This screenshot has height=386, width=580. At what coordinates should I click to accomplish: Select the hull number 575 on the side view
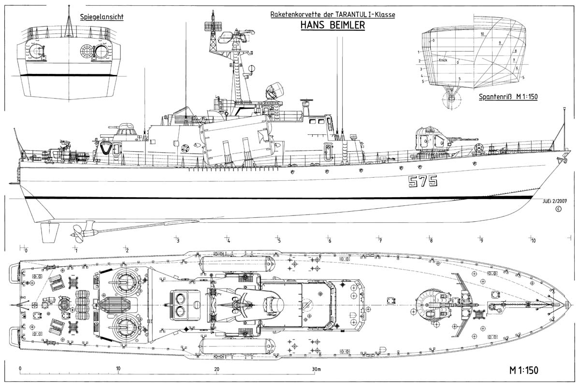tap(422, 181)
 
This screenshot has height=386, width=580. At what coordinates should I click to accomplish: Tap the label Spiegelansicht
tap(101, 17)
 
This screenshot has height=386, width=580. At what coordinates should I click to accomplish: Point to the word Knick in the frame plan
tap(443, 60)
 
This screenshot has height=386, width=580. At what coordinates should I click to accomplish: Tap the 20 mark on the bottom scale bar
tap(217, 369)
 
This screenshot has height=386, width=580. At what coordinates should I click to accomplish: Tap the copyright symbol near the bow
tap(559, 209)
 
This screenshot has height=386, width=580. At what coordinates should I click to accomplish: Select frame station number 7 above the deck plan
tap(380, 241)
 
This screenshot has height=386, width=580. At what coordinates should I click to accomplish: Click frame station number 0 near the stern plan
tap(26, 250)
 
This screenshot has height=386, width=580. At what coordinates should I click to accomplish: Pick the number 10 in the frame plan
tap(482, 34)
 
